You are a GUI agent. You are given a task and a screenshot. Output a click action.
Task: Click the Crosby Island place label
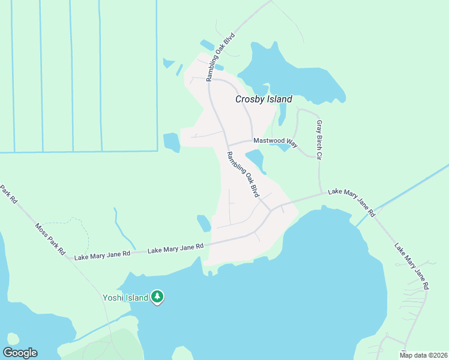(x=263, y=100)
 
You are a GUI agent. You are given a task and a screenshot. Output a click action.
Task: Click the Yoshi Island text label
(x=125, y=298)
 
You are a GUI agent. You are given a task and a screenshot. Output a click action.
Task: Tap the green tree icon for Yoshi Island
(x=157, y=296)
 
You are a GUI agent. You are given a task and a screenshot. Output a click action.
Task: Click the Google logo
(x=20, y=353)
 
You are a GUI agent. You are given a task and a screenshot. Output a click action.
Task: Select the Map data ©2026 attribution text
(x=423, y=355)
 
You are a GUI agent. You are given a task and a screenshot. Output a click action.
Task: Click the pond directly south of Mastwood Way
(x=255, y=160)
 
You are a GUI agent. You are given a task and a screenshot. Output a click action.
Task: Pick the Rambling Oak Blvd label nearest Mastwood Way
(x=243, y=175)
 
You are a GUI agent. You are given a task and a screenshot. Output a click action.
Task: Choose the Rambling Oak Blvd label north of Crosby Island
(x=220, y=57)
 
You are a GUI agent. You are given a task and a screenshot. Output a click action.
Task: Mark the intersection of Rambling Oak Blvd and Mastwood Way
(x=228, y=145)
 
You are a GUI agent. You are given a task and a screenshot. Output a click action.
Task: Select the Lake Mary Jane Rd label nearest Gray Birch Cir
(x=351, y=202)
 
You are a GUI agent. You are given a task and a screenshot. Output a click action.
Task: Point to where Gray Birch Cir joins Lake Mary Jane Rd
(x=320, y=194)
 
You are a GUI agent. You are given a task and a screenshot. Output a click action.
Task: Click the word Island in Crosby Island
(x=279, y=100)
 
